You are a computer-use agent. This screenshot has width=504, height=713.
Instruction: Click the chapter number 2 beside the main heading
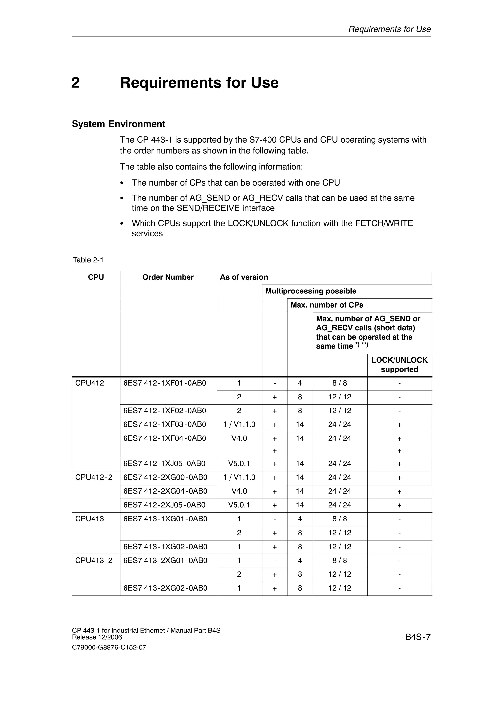click(x=75, y=83)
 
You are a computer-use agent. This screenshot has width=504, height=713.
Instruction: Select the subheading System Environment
click(x=119, y=124)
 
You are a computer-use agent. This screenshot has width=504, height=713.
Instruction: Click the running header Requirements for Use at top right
click(x=390, y=29)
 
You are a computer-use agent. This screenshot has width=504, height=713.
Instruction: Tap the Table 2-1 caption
click(x=88, y=260)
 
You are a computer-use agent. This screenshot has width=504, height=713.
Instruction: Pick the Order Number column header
click(x=168, y=277)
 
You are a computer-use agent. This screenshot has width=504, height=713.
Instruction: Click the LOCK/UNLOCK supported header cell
click(x=399, y=365)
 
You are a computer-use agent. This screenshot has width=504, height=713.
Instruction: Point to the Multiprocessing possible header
click(x=311, y=291)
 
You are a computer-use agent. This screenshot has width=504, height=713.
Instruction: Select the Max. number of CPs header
click(x=327, y=305)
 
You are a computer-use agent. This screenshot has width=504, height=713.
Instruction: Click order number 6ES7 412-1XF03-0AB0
click(x=165, y=424)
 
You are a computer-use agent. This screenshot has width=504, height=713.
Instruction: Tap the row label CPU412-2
click(x=94, y=477)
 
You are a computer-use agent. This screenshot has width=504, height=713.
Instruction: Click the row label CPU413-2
click(x=94, y=561)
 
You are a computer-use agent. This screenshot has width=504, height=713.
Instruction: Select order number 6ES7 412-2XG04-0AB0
click(x=165, y=491)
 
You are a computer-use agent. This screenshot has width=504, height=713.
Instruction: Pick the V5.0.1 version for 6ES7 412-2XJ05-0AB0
click(x=239, y=505)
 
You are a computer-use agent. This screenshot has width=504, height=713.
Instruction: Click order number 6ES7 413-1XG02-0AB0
click(x=165, y=547)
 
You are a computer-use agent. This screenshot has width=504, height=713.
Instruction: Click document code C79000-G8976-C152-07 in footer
click(x=109, y=648)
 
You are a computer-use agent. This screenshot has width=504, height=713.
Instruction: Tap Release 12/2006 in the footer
click(x=97, y=637)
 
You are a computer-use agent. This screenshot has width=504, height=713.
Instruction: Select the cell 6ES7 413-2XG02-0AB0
click(x=165, y=588)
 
